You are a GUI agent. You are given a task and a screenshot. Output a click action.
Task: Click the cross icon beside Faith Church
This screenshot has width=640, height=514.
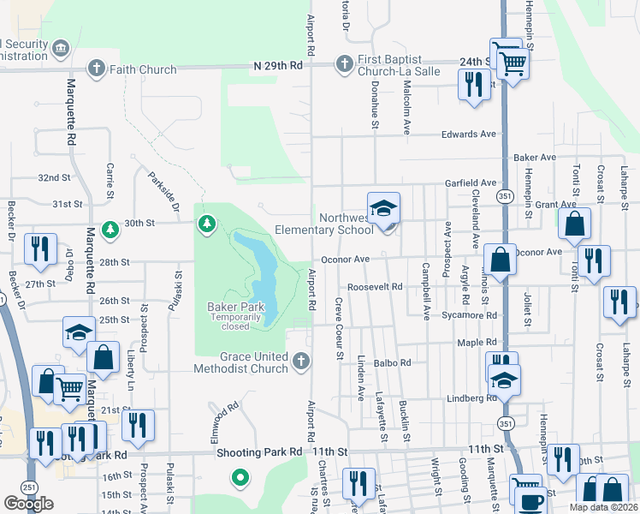[x=98, y=69]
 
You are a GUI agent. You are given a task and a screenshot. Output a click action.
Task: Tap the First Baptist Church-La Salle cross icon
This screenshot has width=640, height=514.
[x=344, y=63]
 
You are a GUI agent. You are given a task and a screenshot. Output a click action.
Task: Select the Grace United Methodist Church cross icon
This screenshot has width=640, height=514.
[x=299, y=362]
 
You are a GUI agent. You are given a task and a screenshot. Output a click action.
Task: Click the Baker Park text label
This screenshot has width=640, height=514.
[x=230, y=307]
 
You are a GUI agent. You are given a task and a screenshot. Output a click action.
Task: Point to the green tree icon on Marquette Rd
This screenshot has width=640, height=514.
[x=110, y=230]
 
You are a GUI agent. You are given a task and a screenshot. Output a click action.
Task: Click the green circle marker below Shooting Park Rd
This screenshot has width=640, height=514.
[x=241, y=477]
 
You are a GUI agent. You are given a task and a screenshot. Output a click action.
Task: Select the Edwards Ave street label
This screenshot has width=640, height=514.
[x=468, y=134]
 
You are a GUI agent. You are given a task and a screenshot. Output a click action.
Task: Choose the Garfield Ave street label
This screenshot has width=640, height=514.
[x=470, y=183]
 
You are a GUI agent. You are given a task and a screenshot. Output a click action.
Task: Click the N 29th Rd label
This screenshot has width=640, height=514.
[x=279, y=65]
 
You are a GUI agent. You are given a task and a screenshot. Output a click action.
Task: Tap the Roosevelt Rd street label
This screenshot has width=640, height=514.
[x=374, y=288]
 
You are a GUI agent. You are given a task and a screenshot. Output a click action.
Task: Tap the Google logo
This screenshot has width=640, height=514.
[x=29, y=503]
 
